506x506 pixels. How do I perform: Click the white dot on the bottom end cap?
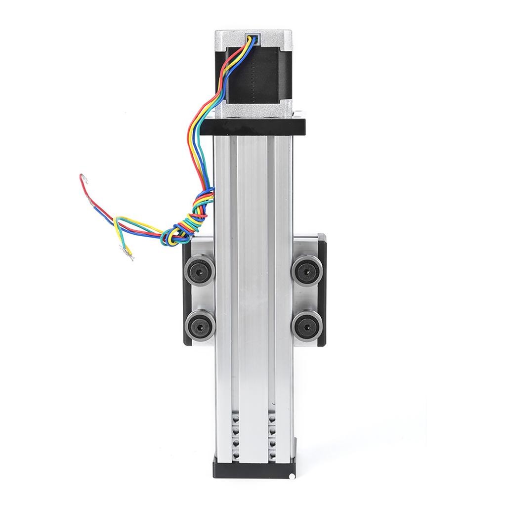[293, 476]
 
